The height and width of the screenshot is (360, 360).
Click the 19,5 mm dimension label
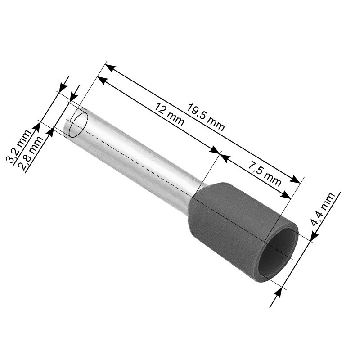tap(206, 117)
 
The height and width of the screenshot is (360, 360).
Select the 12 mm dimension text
tap(169, 114)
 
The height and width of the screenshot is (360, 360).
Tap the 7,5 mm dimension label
tap(264, 172)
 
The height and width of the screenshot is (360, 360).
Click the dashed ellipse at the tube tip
tap(78, 125)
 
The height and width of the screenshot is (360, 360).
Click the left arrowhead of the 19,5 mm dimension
tap(110, 68)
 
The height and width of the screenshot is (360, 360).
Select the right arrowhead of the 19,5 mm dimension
tap(295, 179)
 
